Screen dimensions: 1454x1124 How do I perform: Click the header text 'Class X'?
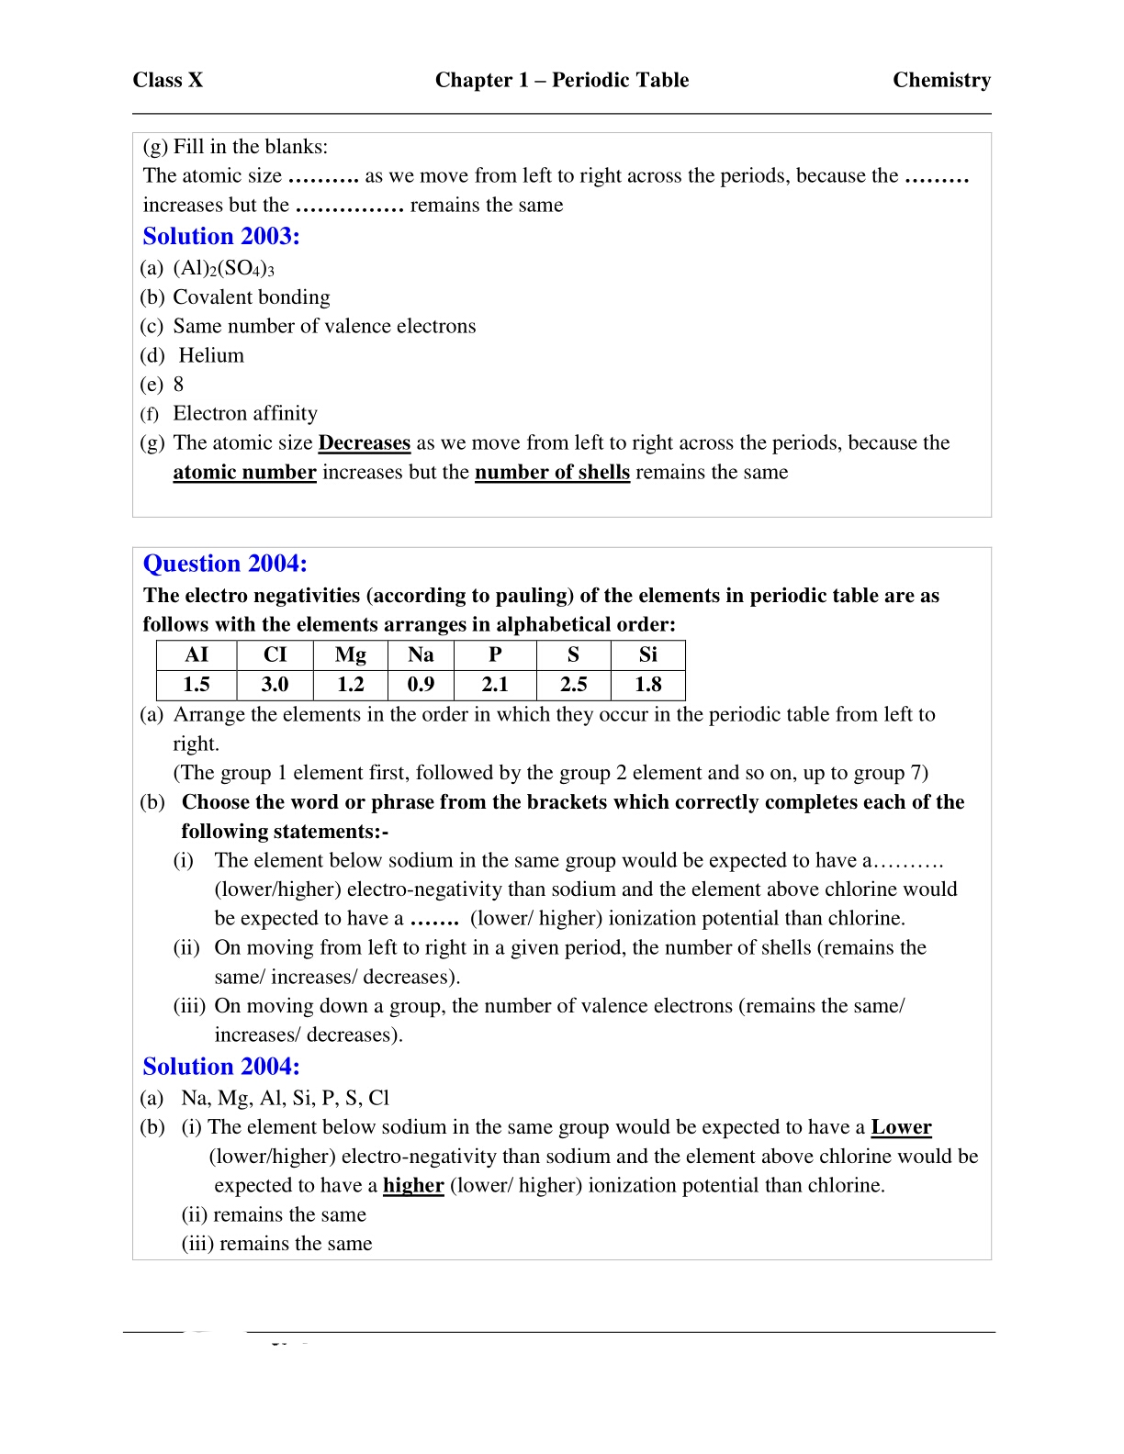pos(167,80)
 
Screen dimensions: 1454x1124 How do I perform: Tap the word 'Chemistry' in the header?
pos(941,80)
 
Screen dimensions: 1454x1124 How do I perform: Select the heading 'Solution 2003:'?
pos(221,236)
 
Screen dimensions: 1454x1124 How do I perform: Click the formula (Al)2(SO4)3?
pos(223,268)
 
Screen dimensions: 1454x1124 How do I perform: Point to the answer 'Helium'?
pos(211,355)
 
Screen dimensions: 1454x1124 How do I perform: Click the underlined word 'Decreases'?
pos(364,442)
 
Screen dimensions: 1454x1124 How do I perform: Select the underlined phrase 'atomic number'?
pos(244,472)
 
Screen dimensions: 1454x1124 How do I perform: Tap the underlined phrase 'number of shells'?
pos(552,472)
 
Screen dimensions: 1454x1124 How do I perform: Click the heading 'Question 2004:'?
pos(225,563)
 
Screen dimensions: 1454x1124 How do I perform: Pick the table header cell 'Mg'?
pos(350,654)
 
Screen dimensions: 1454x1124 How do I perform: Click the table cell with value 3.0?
pos(275,684)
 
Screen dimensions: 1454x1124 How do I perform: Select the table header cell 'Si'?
pos(647,654)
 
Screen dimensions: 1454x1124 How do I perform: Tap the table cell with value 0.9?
pos(421,684)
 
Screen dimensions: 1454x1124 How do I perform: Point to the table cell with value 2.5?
pos(573,684)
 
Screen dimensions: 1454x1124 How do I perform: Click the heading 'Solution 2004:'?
pos(221,1066)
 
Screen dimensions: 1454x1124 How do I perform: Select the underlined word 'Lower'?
pos(901,1127)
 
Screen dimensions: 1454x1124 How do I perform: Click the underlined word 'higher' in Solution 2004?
pos(413,1185)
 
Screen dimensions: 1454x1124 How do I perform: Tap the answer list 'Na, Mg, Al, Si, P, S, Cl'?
pos(285,1098)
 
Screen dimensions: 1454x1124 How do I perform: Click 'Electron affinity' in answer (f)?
pos(245,413)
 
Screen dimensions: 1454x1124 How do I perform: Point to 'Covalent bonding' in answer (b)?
pos(251,296)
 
